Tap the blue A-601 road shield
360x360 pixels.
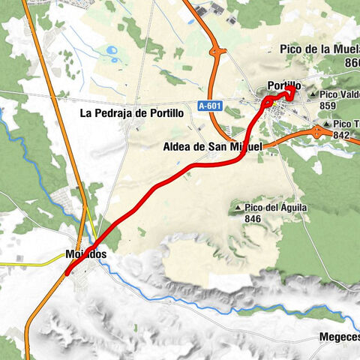coord(211,106)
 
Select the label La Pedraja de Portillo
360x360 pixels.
coord(132,114)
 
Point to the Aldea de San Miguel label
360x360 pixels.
coord(212,147)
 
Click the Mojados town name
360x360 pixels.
coord(85,254)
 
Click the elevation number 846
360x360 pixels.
coord(253,218)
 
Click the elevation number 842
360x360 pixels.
coord(341,135)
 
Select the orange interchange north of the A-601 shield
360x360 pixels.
coord(217,54)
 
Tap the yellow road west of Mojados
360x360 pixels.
coord(30,263)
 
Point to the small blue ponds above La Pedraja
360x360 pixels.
coord(112,52)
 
